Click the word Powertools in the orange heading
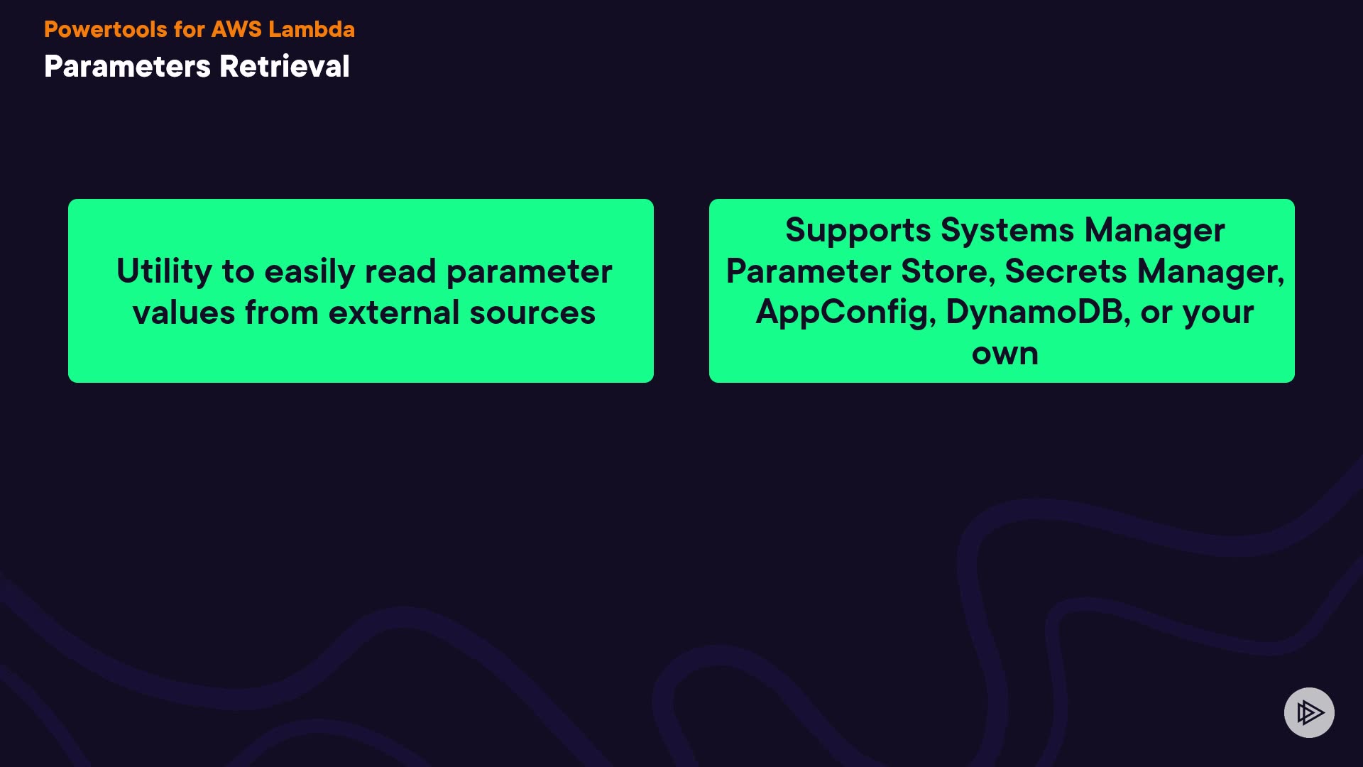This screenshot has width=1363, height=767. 106,29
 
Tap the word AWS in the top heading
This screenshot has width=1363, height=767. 236,29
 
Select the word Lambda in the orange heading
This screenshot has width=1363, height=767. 312,29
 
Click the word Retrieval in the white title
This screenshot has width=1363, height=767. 285,66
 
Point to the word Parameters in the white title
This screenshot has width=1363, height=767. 128,66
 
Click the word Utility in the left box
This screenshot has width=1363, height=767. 164,272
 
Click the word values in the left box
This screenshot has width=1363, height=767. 184,313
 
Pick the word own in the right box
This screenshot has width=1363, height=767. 1005,354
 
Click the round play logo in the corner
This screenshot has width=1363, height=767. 1309,712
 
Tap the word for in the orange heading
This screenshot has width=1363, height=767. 189,29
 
